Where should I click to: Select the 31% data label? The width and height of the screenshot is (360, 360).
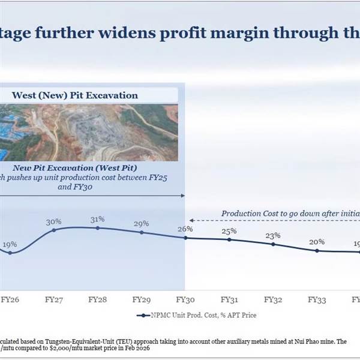click(97, 218)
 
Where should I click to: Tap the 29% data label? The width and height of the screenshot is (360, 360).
click(142, 223)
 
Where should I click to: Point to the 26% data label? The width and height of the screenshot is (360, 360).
click(185, 229)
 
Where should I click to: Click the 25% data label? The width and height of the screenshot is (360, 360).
click(229, 231)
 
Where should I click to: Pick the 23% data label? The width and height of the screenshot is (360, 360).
click(273, 235)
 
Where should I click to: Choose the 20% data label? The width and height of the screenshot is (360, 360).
click(317, 242)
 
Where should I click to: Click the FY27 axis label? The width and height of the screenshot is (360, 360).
click(54, 298)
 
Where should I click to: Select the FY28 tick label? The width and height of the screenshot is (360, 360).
click(97, 298)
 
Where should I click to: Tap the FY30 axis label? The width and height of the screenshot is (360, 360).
click(185, 298)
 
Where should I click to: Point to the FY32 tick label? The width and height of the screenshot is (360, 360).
click(273, 298)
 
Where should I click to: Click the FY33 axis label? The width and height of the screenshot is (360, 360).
click(317, 298)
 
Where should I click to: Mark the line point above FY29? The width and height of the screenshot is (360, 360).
click(142, 232)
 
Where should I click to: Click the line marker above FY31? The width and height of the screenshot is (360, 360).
click(229, 239)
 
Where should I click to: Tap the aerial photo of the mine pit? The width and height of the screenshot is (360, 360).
click(90, 132)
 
